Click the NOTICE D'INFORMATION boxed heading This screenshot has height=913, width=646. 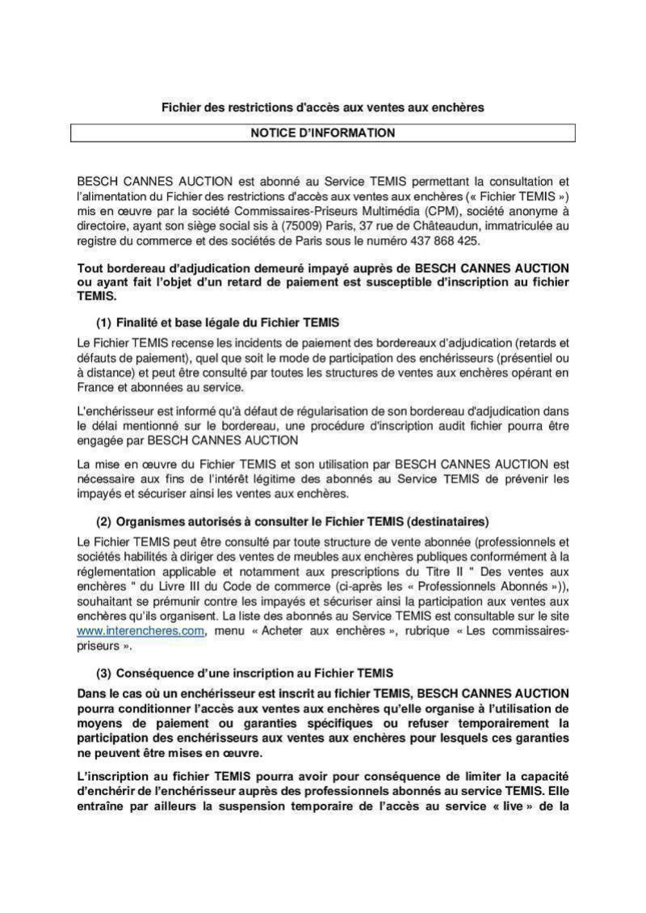pos(322,133)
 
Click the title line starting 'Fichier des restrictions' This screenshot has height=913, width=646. pos(322,107)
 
